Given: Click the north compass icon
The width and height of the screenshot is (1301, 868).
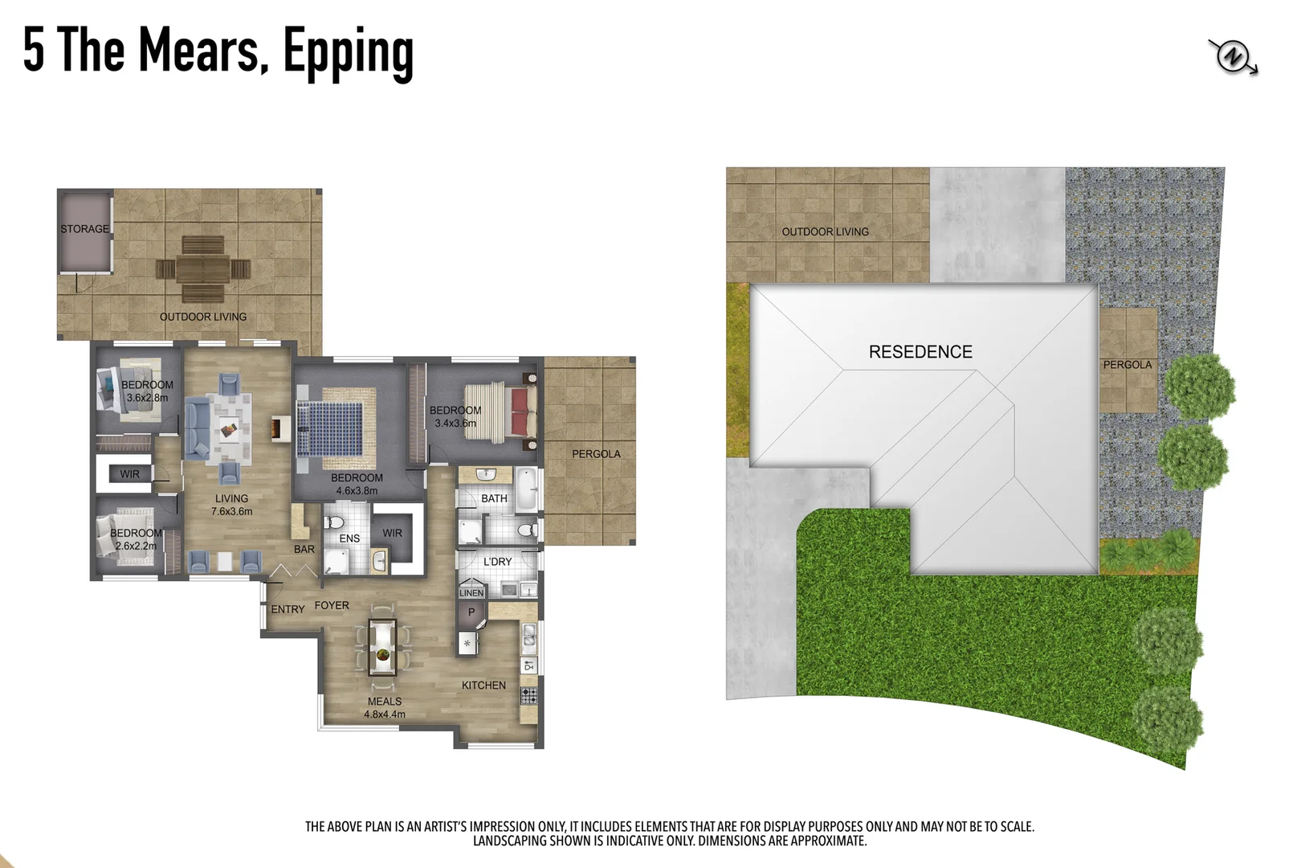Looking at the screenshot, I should pyautogui.click(x=1233, y=57).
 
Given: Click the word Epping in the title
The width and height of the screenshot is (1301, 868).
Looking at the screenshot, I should pyautogui.click(x=348, y=51).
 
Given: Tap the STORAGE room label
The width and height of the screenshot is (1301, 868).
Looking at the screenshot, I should pyautogui.click(x=84, y=229).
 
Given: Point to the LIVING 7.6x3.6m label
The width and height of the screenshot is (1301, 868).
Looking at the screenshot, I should pyautogui.click(x=231, y=505).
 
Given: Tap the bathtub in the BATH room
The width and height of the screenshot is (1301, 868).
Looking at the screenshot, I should pyautogui.click(x=526, y=489).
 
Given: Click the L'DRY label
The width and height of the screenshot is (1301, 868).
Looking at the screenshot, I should pyautogui.click(x=497, y=561).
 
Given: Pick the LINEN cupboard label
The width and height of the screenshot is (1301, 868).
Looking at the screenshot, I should pyautogui.click(x=471, y=593).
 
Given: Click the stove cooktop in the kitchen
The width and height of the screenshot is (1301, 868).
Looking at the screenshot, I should pyautogui.click(x=528, y=695).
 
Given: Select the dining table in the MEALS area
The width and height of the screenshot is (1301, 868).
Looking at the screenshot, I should pyautogui.click(x=382, y=647).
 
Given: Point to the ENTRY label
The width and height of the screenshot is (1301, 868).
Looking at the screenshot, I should pyautogui.click(x=288, y=609).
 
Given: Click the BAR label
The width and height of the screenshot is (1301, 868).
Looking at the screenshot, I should pyautogui.click(x=304, y=549).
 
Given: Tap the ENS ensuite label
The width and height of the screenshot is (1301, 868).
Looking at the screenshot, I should pyautogui.click(x=349, y=538).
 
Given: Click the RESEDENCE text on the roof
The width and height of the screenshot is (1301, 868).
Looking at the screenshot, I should pyautogui.click(x=920, y=352).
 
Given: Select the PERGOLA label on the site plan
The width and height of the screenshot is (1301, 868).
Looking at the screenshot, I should pyautogui.click(x=1127, y=365).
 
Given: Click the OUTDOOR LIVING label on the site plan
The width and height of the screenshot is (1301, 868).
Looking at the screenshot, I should pyautogui.click(x=825, y=231).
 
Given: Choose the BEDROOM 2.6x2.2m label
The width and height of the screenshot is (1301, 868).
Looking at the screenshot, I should pyautogui.click(x=136, y=539).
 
